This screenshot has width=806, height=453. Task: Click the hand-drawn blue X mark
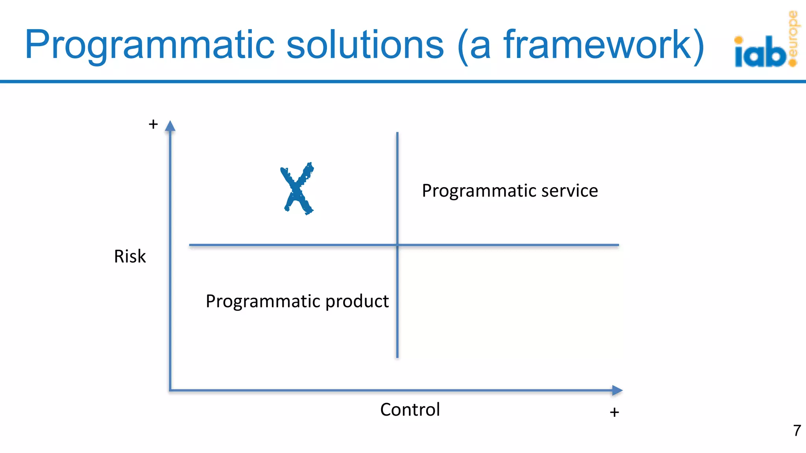(x=297, y=189)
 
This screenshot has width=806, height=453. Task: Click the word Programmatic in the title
(x=150, y=45)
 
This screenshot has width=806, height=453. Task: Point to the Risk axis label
(x=130, y=256)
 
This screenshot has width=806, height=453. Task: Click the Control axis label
(x=410, y=410)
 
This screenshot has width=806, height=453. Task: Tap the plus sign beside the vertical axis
(x=153, y=124)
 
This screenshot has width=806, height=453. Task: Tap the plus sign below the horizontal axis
(x=614, y=412)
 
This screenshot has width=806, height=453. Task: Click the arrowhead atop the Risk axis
(x=170, y=126)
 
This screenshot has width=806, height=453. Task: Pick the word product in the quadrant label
(x=357, y=301)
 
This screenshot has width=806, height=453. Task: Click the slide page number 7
(x=797, y=430)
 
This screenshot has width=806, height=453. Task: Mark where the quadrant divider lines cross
(x=397, y=245)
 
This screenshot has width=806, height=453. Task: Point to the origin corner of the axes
(x=170, y=390)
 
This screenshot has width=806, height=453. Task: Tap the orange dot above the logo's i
(x=739, y=40)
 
